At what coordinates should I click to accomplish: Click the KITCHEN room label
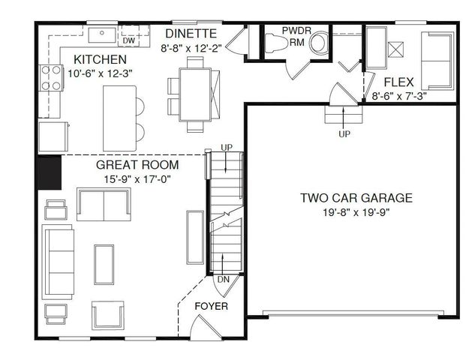[100, 59]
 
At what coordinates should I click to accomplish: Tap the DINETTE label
[191, 34]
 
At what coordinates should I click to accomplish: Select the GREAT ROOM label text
[137, 165]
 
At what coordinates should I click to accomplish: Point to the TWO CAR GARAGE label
[356, 199]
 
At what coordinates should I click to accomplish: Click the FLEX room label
[395, 82]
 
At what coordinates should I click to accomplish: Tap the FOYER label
[211, 307]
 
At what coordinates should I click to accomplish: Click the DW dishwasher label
[129, 40]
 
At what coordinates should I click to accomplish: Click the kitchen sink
[99, 34]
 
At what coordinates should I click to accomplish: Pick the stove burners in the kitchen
[50, 78]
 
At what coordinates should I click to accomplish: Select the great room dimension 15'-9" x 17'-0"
[137, 179]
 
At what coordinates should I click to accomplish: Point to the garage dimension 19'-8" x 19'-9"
[356, 212]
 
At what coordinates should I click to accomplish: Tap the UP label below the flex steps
[344, 133]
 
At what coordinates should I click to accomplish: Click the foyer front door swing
[203, 327]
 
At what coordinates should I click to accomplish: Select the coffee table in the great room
[103, 267]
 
